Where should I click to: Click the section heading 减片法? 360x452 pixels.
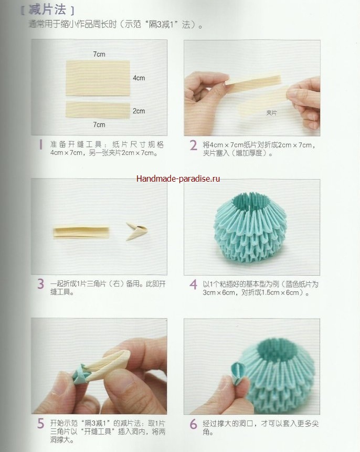tap(47, 9)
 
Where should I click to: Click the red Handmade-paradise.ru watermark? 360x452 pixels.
tap(178, 178)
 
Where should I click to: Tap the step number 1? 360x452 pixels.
tap(41, 145)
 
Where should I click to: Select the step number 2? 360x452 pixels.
tap(193, 145)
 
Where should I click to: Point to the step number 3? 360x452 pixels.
tap(40, 284)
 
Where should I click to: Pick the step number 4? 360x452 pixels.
tap(193, 284)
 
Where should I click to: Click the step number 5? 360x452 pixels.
tap(40, 424)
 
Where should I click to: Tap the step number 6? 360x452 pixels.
tap(193, 424)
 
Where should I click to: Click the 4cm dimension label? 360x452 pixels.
tap(139, 78)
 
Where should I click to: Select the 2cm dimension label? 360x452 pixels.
tap(139, 111)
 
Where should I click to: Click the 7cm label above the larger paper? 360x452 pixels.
tap(99, 54)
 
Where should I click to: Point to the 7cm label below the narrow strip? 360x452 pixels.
tap(99, 124)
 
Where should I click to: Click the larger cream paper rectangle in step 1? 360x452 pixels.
tap(98, 78)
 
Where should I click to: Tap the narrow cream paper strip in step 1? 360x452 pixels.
tap(98, 110)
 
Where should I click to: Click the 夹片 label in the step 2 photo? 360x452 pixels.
tap(271, 113)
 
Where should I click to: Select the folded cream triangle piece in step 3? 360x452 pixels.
tap(137, 230)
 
